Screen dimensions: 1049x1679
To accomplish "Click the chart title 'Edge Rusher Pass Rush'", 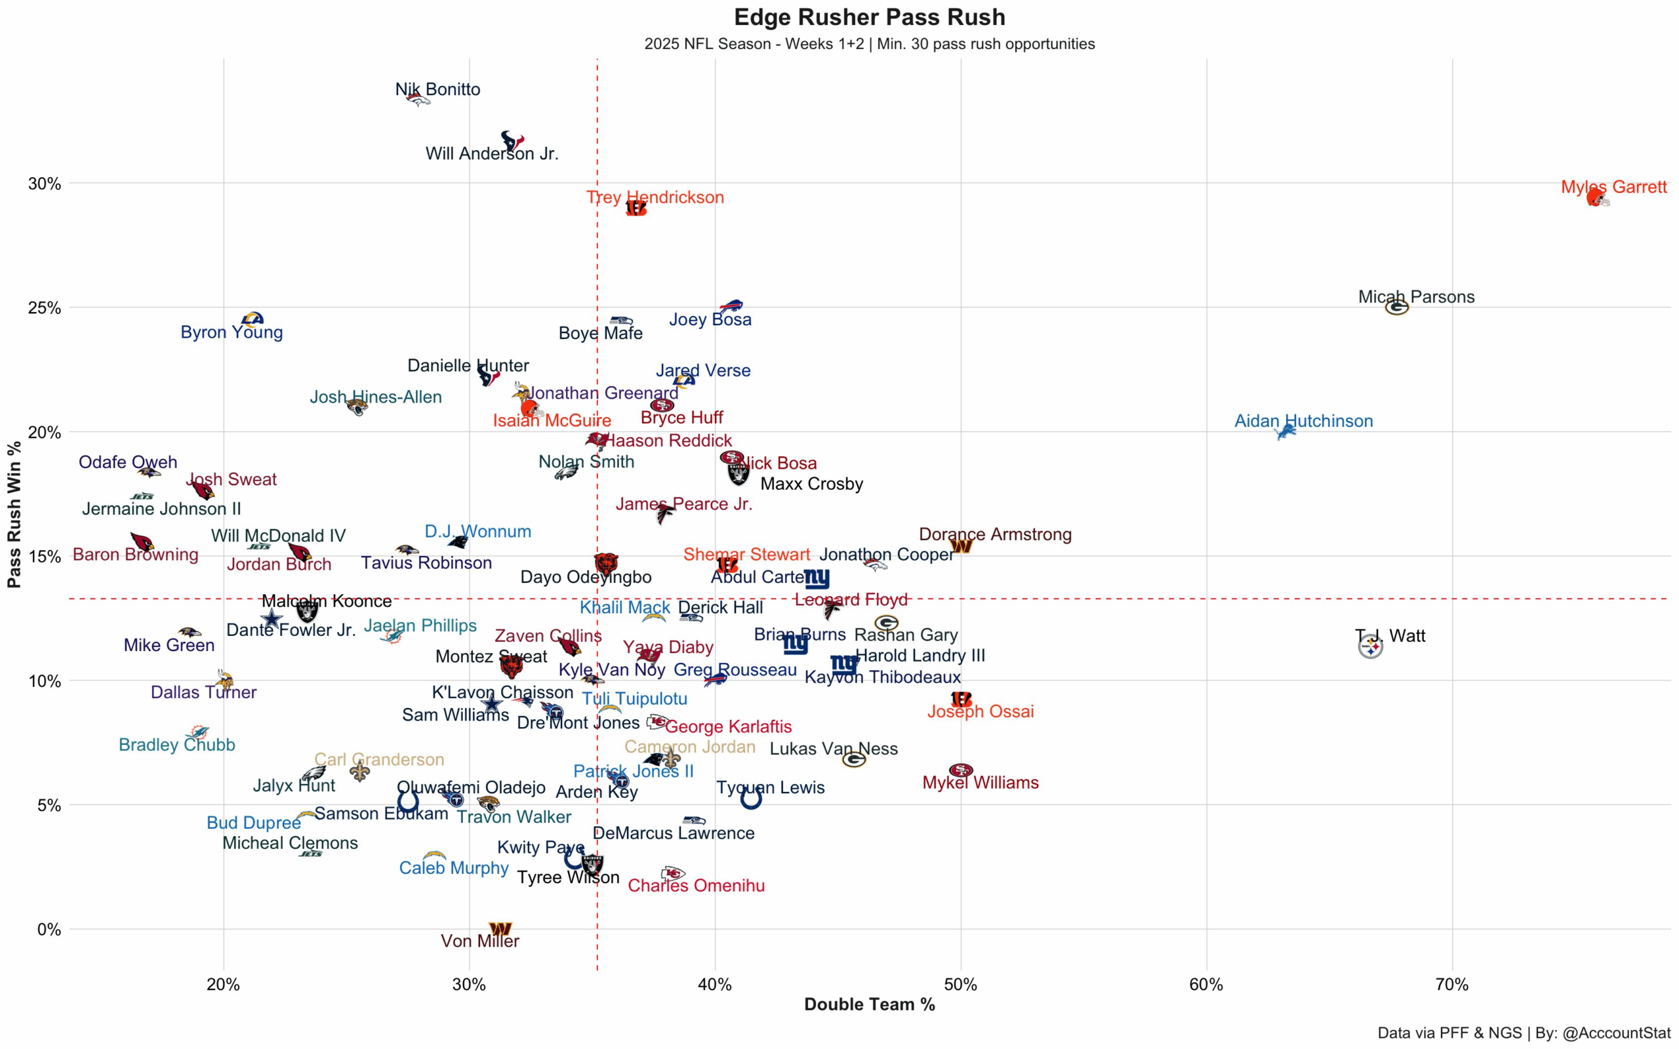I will coord(869,16).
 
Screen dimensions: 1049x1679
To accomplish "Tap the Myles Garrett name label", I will coord(1613,187).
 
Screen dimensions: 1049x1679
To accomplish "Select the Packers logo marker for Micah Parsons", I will coord(1396,307).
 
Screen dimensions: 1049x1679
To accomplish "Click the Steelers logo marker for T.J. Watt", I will coord(1370,646).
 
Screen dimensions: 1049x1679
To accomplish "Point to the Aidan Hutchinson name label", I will coord(1303,420).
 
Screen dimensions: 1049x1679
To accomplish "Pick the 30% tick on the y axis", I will coord(45,184).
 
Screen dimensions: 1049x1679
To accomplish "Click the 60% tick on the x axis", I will coord(1206,985).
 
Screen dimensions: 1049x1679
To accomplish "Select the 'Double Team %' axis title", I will coord(869,1004).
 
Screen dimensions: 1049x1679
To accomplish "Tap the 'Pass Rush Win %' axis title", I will coord(14,515).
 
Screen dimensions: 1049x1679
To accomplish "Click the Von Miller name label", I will coord(479,941).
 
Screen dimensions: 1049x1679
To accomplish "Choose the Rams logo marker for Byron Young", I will coord(253,319).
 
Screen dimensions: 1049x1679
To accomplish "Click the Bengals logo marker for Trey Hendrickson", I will coord(636,208).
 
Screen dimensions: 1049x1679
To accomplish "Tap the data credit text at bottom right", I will coord(1524,1033).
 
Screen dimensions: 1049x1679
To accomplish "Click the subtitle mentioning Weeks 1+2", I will coord(869,44).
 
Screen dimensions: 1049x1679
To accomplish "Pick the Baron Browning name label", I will coord(135,555).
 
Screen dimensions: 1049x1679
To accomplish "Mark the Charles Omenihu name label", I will coord(696,885).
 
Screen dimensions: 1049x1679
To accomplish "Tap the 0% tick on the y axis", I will coord(49,930).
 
